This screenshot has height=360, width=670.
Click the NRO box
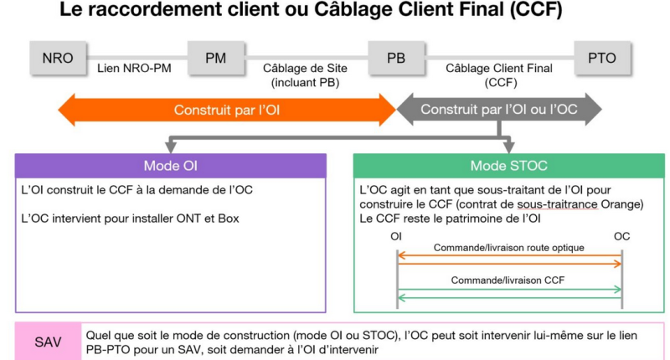pos(58,58)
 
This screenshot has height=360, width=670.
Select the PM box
pos(215,58)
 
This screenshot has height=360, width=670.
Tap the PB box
pos(396,58)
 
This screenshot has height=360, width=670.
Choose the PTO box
pos(601,58)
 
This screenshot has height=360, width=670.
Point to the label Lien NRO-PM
pos(134,68)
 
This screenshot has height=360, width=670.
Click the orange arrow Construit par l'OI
pos(226,110)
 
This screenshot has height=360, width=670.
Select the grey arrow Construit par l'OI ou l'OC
pos(498,110)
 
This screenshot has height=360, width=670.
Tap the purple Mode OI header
pos(170,165)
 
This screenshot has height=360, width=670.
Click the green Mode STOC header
pos(508,165)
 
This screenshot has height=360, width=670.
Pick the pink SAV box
pos(48,342)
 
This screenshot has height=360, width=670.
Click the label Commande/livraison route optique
pos(508,249)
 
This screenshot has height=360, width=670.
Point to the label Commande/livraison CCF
pos(508,280)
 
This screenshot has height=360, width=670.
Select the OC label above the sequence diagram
pos(621,236)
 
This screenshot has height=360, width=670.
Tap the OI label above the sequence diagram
pos(396,236)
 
